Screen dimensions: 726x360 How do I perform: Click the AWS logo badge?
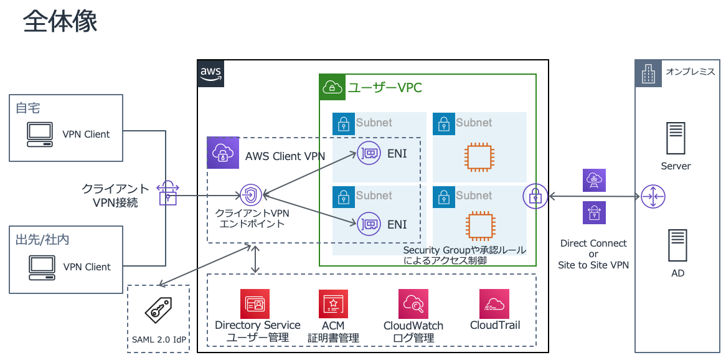point(210,73)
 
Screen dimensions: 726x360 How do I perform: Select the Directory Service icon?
point(255,303)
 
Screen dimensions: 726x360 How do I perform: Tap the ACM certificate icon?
point(333,304)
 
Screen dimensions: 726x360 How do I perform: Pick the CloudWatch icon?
point(413,303)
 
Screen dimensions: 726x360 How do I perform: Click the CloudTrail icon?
point(494,303)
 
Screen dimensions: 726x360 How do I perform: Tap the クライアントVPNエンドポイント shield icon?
point(251,195)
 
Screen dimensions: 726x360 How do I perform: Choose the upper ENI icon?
point(369,153)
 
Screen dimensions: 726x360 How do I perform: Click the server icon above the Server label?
point(676,138)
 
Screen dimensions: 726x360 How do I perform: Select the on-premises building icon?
point(648,73)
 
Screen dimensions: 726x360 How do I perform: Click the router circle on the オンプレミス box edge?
point(653,196)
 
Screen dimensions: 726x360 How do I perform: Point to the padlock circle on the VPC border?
point(535,196)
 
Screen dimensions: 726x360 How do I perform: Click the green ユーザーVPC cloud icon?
point(332,87)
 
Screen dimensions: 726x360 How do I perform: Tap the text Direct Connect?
point(593,244)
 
